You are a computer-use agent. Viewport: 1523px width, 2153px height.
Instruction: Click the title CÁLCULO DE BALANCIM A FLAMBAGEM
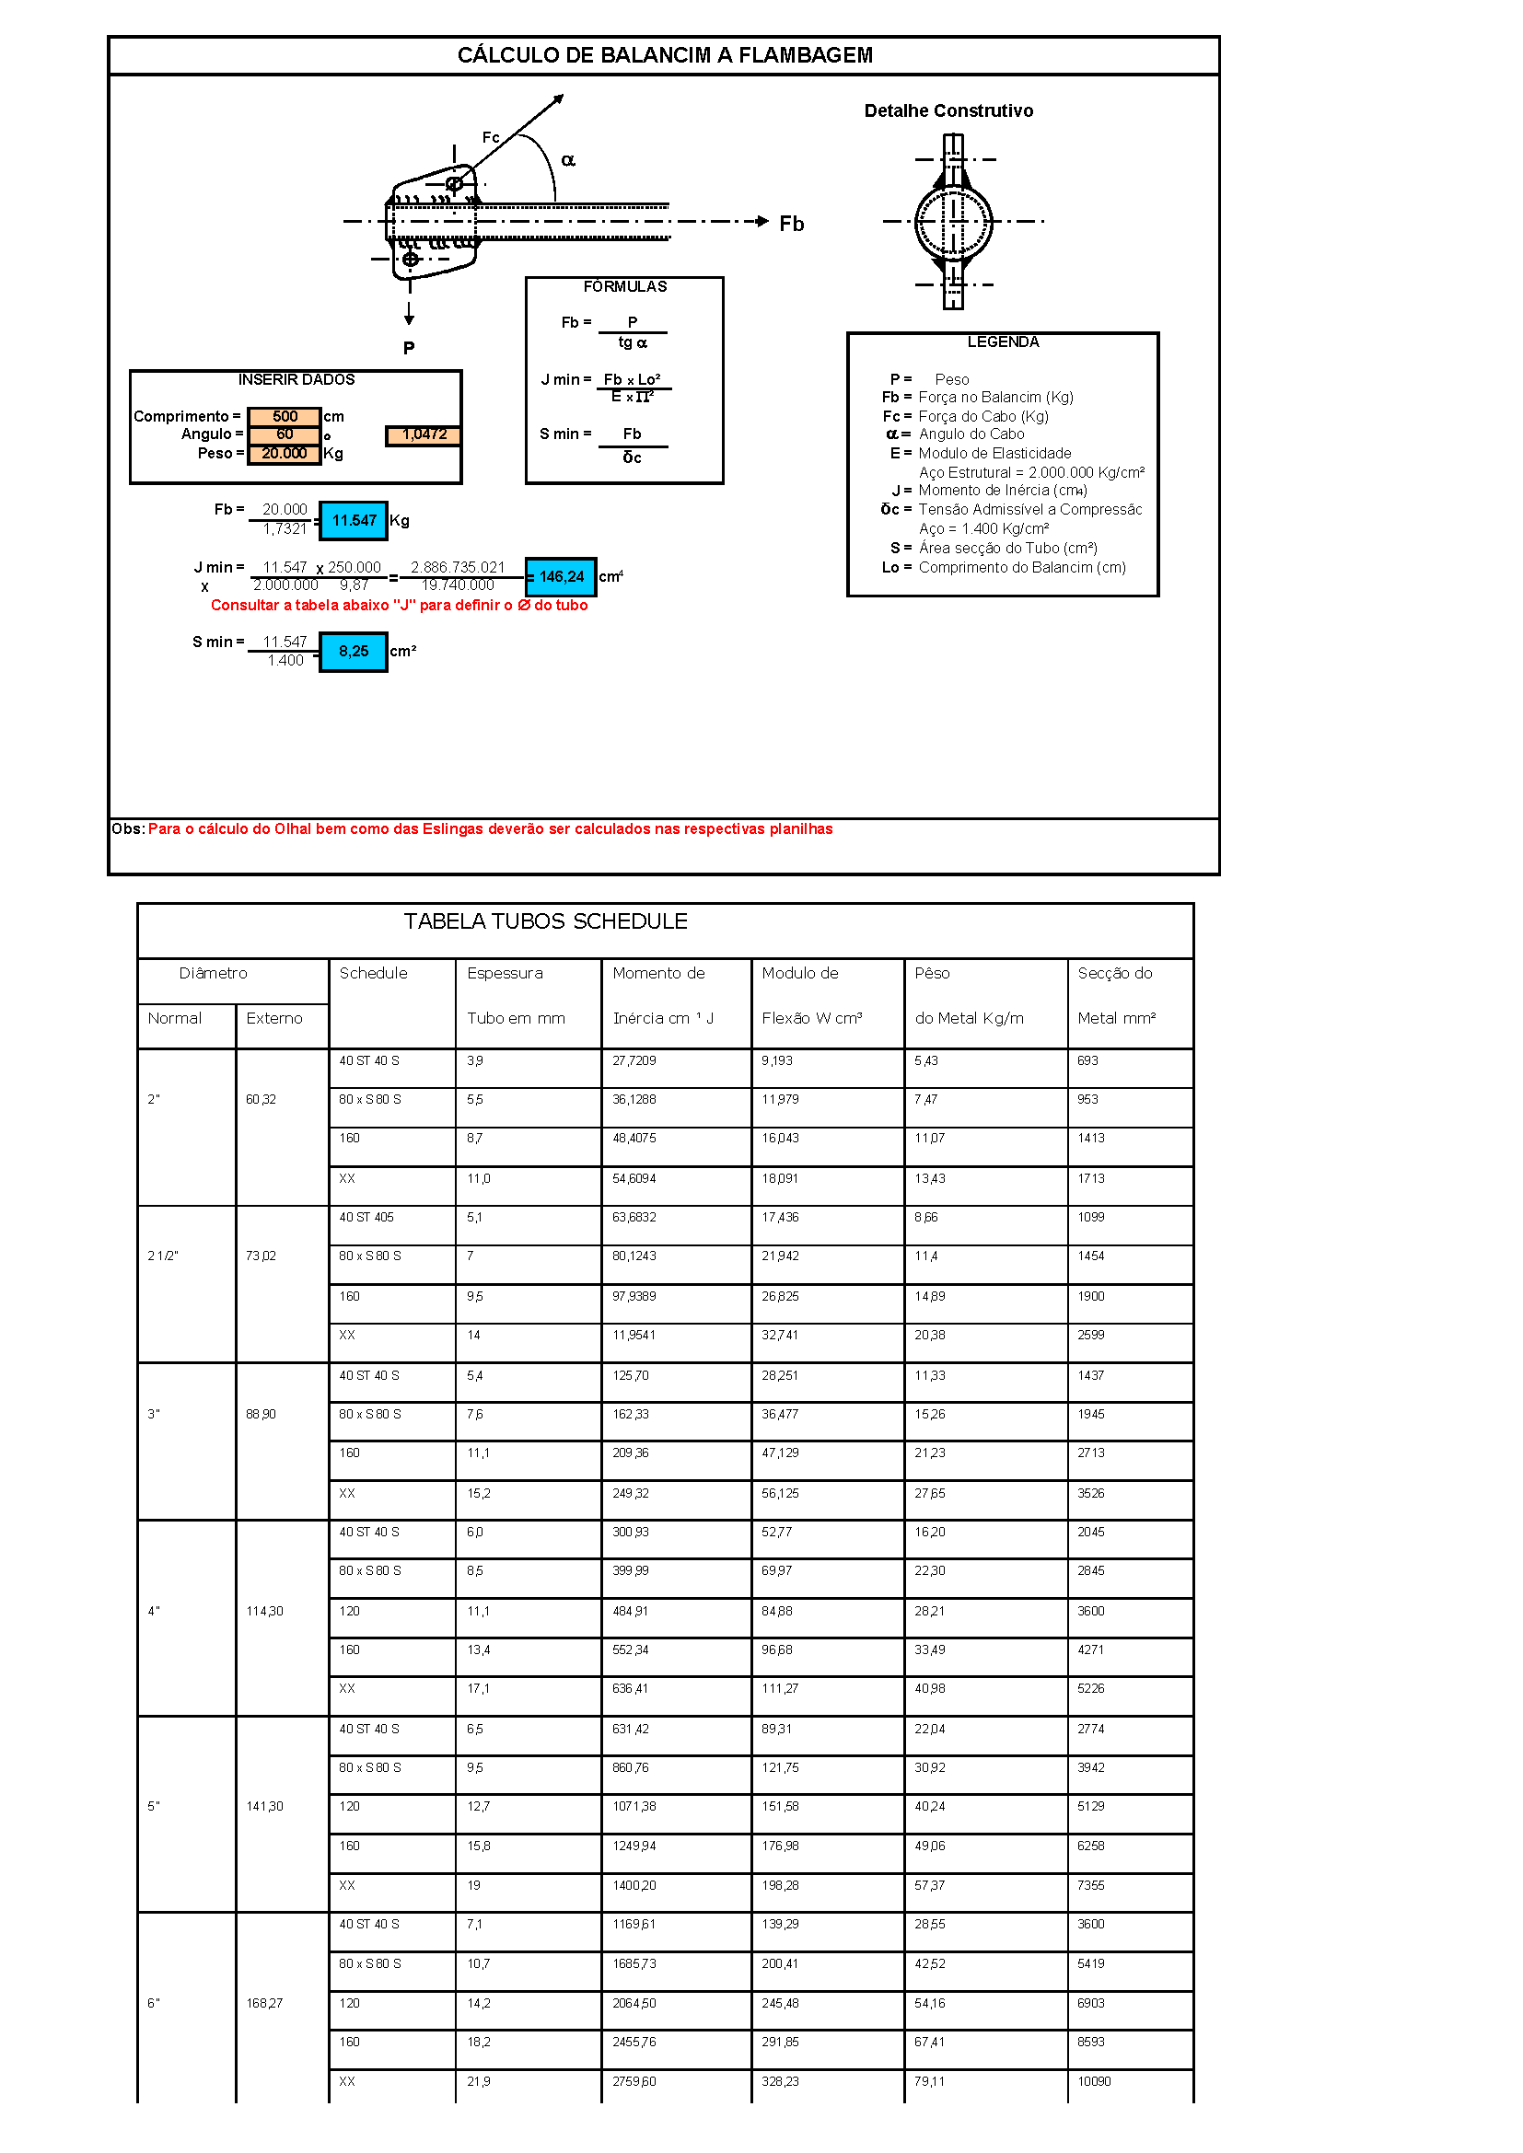coord(664,55)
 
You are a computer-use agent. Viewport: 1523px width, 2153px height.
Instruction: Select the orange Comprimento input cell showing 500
coord(285,416)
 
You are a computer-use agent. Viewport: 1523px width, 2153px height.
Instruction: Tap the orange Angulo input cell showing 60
coord(285,434)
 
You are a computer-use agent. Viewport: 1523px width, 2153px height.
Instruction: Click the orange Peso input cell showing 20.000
coord(285,453)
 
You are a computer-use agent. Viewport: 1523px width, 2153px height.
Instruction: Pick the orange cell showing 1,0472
coord(423,434)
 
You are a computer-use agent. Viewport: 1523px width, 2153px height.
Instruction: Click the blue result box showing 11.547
coord(354,520)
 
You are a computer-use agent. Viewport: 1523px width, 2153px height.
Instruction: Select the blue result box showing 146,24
coord(561,577)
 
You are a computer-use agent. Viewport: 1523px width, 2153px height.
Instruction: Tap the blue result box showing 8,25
coord(354,651)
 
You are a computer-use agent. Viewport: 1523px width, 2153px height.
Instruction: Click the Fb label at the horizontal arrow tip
coord(792,223)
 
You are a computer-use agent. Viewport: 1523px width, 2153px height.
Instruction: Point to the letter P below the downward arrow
coord(409,348)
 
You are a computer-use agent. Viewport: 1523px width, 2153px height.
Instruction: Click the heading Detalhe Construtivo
coord(948,110)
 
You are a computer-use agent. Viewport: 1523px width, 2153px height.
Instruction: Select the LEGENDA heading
coord(1003,342)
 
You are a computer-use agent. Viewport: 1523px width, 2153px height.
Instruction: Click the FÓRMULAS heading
coord(624,287)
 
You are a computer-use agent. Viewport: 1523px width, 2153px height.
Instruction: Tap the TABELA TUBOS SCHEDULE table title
coord(545,920)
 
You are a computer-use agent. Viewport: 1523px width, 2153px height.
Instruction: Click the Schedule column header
coord(373,973)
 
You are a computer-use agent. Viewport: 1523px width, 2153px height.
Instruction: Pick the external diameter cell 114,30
coord(264,1611)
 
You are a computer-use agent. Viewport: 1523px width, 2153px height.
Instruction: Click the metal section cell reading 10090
coord(1094,2081)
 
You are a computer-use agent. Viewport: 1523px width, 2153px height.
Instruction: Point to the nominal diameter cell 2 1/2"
coord(163,1256)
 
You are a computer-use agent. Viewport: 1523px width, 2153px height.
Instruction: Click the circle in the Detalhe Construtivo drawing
coord(953,222)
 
